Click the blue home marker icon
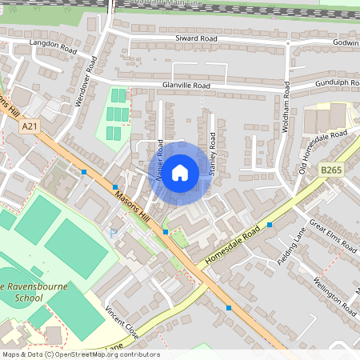coord(180,173)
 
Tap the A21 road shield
coord(30,126)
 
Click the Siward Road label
coord(197,38)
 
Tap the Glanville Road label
coord(186,85)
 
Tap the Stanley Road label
coord(212,153)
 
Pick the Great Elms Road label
coord(333,238)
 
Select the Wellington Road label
coord(334,294)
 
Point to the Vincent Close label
coord(122,322)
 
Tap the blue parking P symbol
coord(113,233)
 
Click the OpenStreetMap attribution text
coord(80,354)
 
